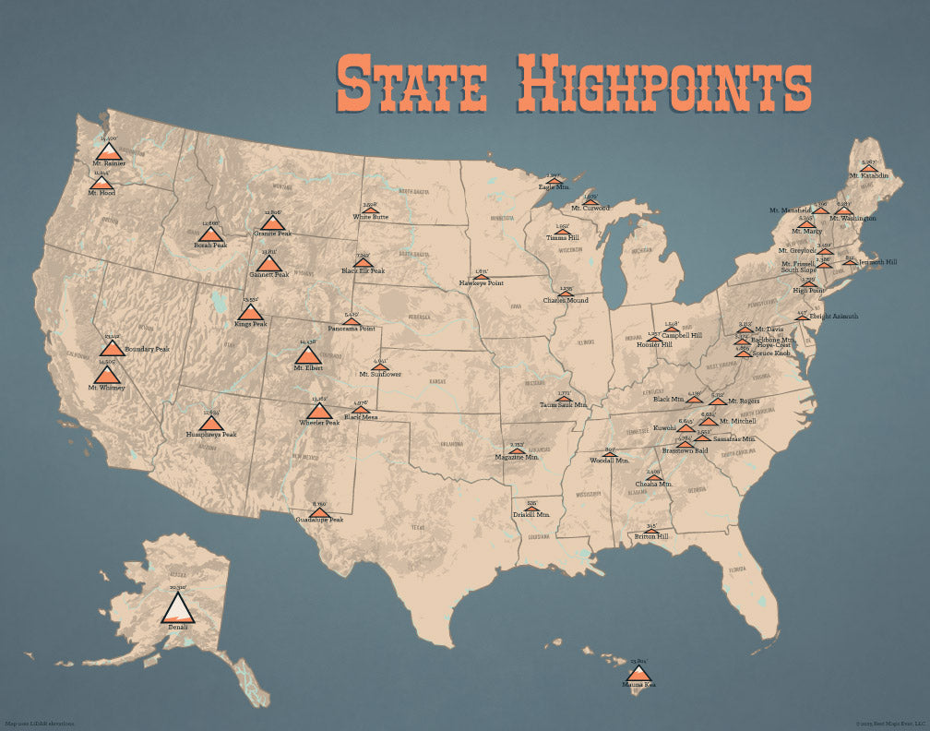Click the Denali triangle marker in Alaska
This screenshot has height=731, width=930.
[177, 607]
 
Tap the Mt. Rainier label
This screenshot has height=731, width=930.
[109, 163]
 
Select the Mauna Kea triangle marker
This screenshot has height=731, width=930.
[638, 674]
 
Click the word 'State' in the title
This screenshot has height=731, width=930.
[411, 83]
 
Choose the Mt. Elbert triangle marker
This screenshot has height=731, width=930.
[307, 355]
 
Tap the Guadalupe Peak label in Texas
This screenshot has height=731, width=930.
[319, 520]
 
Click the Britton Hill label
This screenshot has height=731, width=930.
[650, 535]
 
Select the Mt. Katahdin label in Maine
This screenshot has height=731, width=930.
[868, 175]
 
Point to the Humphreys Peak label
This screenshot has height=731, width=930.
[211, 434]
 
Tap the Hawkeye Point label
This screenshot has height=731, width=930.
[481, 282]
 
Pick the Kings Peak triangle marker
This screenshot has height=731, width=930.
[250, 312]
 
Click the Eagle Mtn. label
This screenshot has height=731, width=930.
[554, 187]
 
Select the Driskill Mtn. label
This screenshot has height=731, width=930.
[531, 514]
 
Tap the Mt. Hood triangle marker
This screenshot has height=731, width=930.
[101, 183]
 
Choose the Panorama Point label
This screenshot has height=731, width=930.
[352, 328]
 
